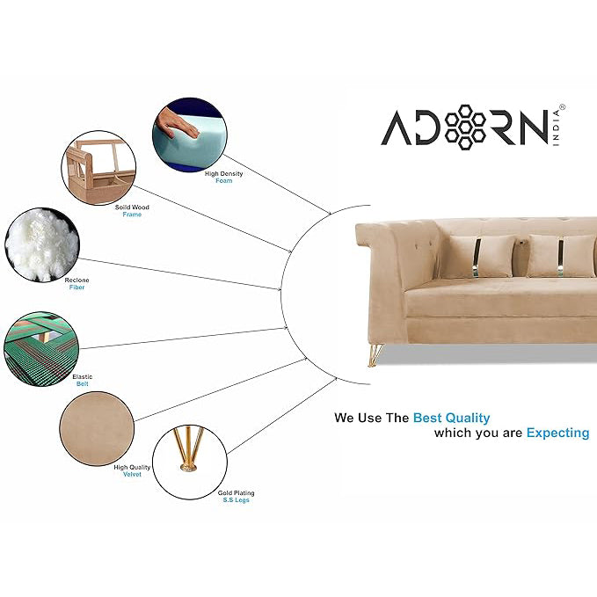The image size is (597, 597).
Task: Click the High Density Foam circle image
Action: pyautogui.click(x=190, y=135)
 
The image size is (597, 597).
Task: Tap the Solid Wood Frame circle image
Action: pyautogui.click(x=98, y=168)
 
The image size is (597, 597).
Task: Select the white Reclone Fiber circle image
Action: pyautogui.click(x=42, y=244)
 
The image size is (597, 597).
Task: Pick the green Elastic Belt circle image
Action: pyautogui.click(x=41, y=349)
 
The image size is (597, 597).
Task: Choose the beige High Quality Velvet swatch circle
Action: pyautogui.click(x=97, y=429)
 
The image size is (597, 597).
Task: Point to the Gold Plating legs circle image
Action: pyautogui.click(x=190, y=462)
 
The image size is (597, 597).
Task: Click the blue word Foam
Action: pyautogui.click(x=223, y=181)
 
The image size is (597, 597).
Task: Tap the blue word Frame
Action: pyautogui.click(x=132, y=215)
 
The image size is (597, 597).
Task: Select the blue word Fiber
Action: pyautogui.click(x=76, y=288)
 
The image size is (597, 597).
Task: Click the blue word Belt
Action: pyautogui.click(x=83, y=383)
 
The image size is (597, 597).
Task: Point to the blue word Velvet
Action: pyautogui.click(x=132, y=475)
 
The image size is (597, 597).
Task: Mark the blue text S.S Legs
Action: pyautogui.click(x=236, y=500)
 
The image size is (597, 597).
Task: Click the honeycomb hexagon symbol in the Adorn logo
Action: pyautogui.click(x=465, y=127)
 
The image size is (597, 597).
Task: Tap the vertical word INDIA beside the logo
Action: pyautogui.click(x=557, y=128)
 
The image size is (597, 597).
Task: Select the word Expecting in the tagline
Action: pyautogui.click(x=557, y=433)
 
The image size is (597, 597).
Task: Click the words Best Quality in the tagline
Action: pyautogui.click(x=452, y=418)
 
